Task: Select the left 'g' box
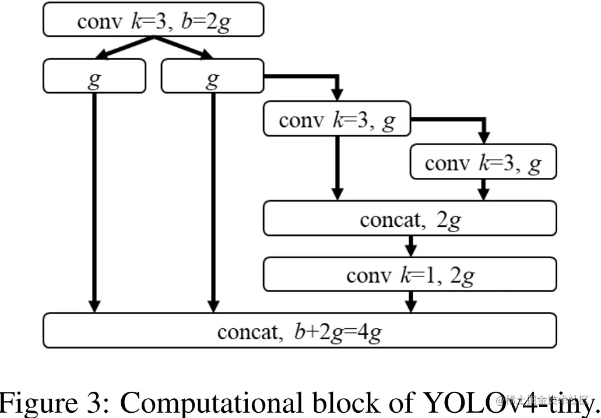[94, 76]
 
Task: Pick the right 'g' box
[213, 76]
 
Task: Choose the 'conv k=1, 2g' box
[410, 274]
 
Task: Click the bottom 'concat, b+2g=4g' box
[300, 331]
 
